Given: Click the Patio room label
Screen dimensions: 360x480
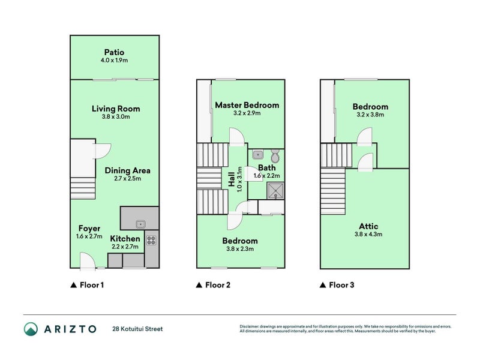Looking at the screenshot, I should click(114, 52).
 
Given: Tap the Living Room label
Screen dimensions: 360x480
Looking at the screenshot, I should click(116, 109).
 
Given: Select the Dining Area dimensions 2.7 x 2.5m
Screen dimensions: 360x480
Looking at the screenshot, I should click(127, 179).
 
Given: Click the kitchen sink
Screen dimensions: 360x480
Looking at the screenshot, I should click(140, 224).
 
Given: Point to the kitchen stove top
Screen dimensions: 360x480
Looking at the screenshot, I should click(151, 241).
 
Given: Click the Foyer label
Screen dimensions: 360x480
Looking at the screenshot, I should click(89, 229).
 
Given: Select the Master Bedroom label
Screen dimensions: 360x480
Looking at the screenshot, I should click(247, 105).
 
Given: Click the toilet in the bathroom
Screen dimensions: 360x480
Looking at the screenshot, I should click(275, 157).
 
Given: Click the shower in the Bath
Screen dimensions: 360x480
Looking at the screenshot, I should click(275, 191).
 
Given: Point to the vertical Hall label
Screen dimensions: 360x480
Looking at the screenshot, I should click(232, 179).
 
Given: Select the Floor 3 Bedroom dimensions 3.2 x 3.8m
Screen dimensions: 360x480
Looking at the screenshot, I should click(370, 115).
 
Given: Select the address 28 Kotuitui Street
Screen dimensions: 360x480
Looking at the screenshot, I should click(137, 329).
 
